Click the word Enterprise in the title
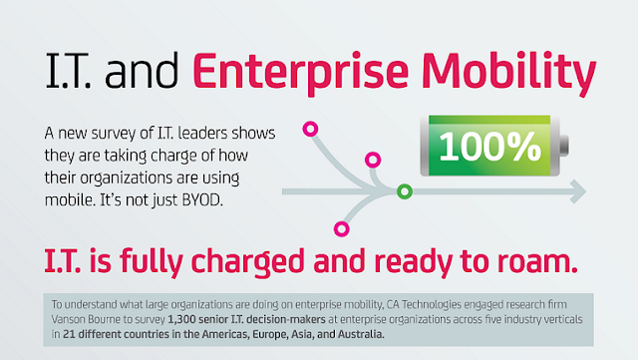(x=282, y=72)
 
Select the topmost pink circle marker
(x=309, y=129)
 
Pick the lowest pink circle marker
(x=342, y=229)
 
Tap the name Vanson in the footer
(x=67, y=319)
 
